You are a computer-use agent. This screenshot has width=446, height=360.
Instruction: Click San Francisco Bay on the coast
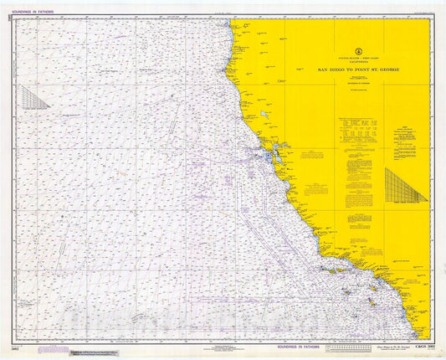[269, 157]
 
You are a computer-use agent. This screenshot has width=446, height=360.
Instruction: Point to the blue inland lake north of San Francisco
[263, 114]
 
